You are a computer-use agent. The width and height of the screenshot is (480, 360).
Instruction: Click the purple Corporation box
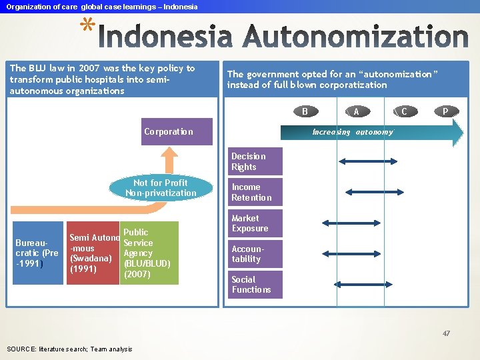(178, 131)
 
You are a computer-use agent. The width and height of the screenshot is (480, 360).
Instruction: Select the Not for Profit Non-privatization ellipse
(161, 188)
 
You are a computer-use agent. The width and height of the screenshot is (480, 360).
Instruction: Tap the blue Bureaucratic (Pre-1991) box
(37, 253)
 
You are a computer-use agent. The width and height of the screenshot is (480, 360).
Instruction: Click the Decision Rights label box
(255, 161)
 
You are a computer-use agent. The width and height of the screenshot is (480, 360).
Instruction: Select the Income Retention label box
(255, 192)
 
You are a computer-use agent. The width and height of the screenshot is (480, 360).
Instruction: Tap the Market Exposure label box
(255, 223)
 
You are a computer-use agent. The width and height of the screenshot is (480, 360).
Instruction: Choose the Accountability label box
(255, 254)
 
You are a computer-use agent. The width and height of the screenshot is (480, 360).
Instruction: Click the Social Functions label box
(255, 285)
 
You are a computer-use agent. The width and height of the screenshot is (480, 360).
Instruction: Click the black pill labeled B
(305, 111)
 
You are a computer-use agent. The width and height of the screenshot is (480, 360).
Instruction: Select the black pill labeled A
(357, 111)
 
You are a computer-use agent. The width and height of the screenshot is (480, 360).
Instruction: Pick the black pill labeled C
(404, 111)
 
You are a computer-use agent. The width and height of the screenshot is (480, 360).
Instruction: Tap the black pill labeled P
(445, 111)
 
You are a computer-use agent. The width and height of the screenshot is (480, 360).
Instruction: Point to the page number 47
(446, 333)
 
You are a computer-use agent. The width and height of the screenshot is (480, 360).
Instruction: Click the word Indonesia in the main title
(169, 36)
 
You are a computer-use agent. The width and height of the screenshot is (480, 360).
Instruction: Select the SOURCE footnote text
(69, 349)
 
